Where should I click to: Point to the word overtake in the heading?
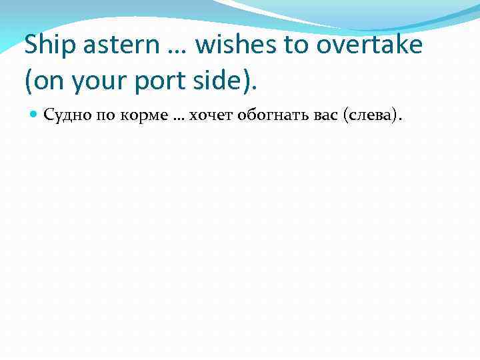370,45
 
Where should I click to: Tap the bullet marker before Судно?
34,116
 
